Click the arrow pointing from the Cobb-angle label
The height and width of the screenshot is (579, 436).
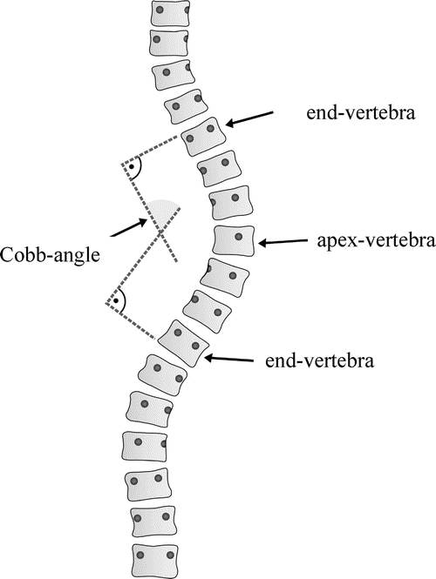click(128, 226)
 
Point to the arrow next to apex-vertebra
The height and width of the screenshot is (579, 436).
click(284, 243)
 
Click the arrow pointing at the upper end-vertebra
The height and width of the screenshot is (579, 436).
click(250, 119)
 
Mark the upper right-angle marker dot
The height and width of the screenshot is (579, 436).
click(131, 165)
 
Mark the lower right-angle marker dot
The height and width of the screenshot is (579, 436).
click(116, 301)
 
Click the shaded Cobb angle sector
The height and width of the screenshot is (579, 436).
click(162, 212)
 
